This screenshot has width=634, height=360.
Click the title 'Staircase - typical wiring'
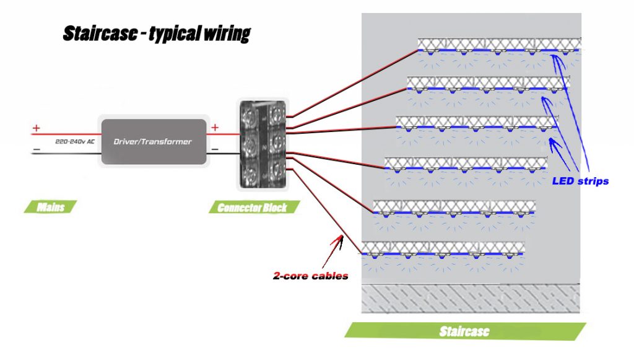[156, 34]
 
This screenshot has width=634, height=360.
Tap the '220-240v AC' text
[75, 141]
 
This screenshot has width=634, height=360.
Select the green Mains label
[51, 206]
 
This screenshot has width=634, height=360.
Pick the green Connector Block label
[252, 207]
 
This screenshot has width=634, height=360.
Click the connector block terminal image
[263, 144]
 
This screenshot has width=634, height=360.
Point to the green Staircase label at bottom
[464, 331]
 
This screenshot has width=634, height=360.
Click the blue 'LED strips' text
[580, 182]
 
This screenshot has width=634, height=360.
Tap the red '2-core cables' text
[311, 276]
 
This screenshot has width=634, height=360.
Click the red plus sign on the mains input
[36, 128]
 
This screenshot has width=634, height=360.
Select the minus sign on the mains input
[36, 150]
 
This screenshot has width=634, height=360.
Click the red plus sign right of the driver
[215, 128]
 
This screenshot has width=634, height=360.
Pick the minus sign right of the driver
[215, 149]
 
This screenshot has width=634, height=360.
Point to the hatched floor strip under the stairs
[471, 299]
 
